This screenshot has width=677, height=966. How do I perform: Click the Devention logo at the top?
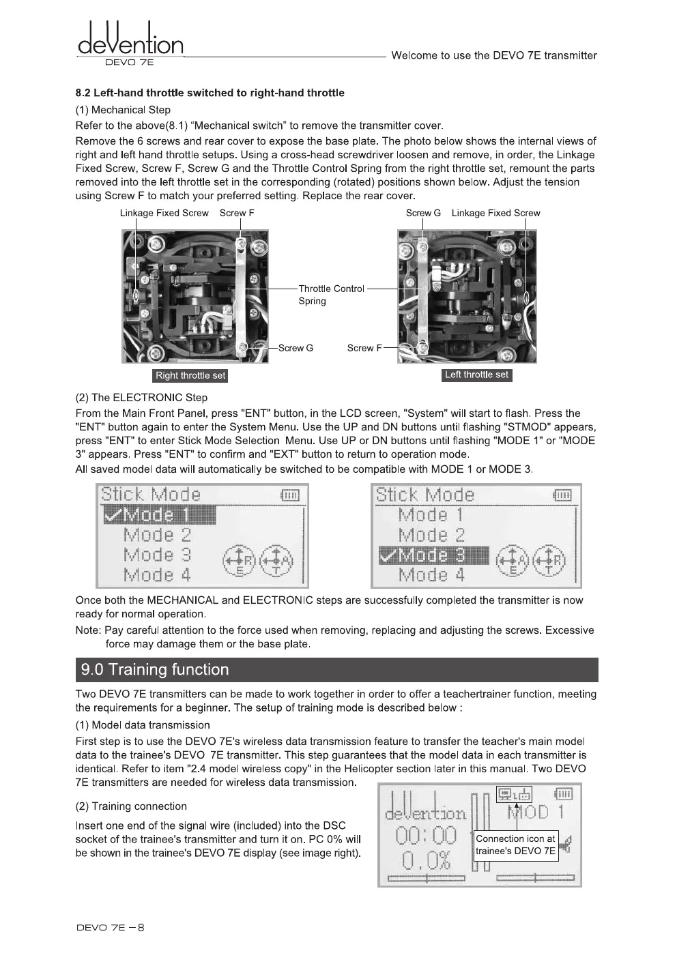tap(130, 42)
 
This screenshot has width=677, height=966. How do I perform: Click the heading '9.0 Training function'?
tap(155, 669)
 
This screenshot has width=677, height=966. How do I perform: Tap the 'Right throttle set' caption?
tap(190, 375)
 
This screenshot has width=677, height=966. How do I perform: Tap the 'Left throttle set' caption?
tap(476, 375)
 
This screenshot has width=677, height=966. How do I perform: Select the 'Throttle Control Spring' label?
tap(331, 295)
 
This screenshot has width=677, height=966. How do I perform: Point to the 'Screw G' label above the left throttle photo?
tap(423, 213)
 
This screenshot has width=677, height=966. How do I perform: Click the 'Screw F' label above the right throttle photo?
tap(237, 213)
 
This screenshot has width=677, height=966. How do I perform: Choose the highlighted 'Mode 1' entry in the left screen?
tap(159, 515)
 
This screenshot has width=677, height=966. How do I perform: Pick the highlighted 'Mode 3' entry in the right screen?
tap(433, 556)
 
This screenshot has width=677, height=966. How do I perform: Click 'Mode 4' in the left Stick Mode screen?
tap(157, 575)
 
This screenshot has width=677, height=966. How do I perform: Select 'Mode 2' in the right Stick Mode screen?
tap(431, 536)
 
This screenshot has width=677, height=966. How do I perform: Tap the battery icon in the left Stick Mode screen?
tap(289, 495)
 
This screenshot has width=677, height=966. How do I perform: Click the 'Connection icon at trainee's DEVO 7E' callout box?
tap(515, 845)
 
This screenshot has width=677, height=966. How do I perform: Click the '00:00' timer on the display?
tap(425, 835)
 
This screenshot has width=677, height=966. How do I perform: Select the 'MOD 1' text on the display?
tap(536, 812)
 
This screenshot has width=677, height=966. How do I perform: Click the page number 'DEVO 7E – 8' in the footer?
tap(111, 927)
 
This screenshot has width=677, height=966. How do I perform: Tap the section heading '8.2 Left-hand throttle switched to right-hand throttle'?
tap(210, 93)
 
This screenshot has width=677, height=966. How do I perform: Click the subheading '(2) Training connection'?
tap(131, 806)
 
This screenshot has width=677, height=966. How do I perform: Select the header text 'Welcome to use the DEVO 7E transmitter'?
tap(493, 55)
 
